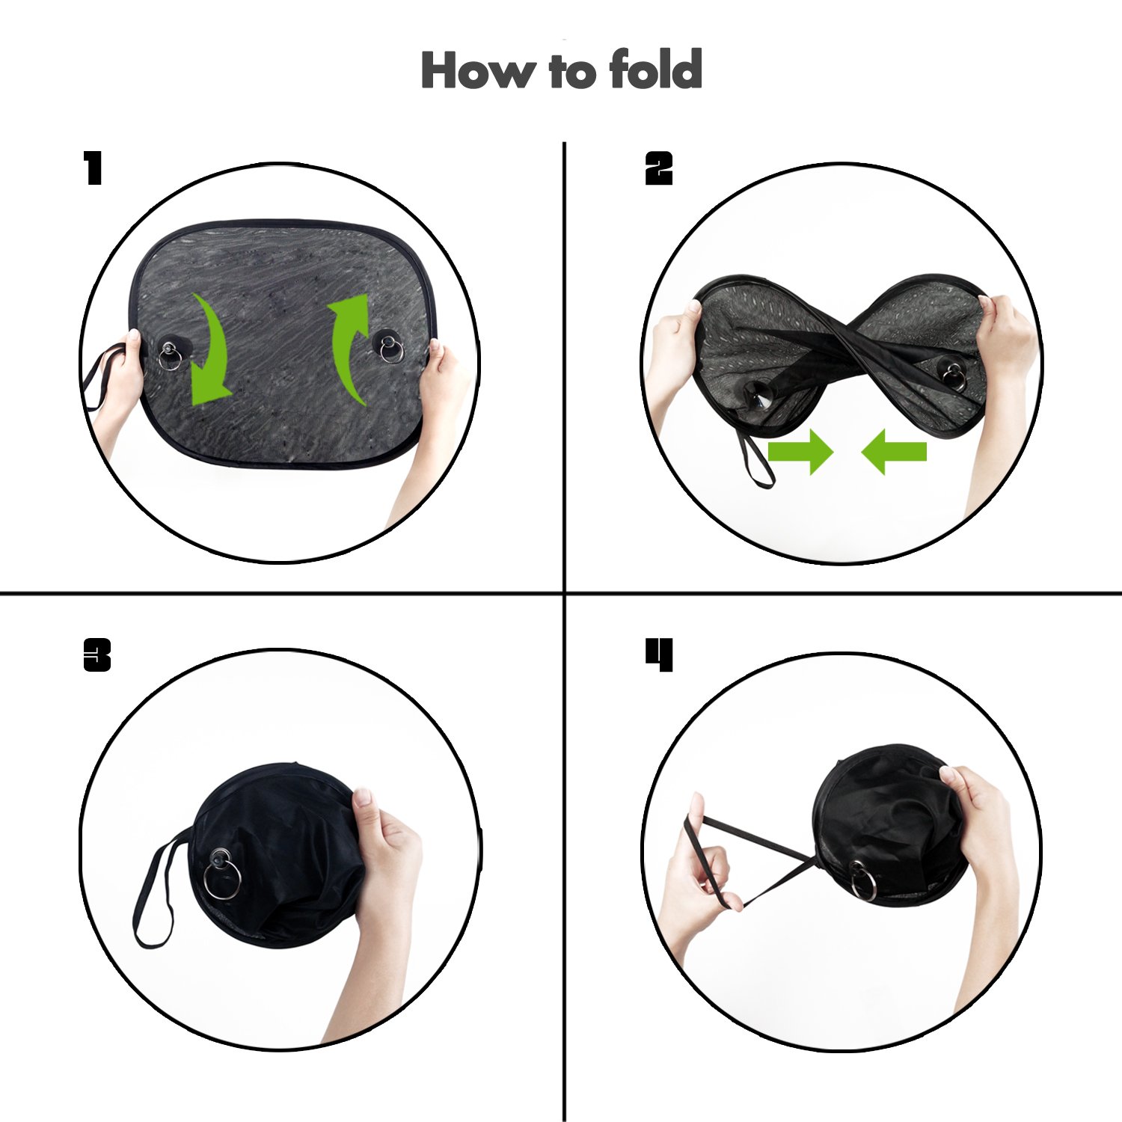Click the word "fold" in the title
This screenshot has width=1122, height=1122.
pos(656,70)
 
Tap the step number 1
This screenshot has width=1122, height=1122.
pos(93,168)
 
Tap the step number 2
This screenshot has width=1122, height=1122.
pos(659,168)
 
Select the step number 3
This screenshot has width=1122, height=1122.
pos(97,655)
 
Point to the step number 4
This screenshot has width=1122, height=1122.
pos(660,655)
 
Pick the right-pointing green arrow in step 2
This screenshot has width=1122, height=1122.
pos(800,452)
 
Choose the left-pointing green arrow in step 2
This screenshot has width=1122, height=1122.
pos(894,452)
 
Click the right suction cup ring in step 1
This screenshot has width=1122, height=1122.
pos(390,349)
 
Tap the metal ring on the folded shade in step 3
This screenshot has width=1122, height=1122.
pos(222,879)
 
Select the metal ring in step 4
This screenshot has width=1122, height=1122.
pos(864,881)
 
